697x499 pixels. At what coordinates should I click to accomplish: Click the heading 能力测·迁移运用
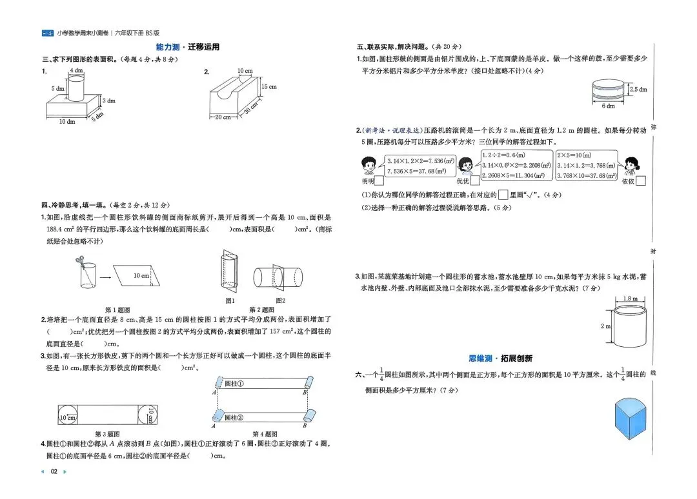(x=188, y=47)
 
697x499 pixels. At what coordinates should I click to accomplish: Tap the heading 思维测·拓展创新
(x=501, y=358)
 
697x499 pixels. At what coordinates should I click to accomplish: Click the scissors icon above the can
(x=80, y=260)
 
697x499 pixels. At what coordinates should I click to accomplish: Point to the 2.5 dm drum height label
(x=638, y=90)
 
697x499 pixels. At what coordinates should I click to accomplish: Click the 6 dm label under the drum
(x=608, y=106)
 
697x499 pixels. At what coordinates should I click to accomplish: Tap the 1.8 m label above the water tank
(x=631, y=298)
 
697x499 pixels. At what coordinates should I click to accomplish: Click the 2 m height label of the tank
(x=605, y=326)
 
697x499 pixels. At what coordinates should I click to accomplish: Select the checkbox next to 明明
(x=378, y=181)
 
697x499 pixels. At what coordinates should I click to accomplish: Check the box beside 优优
(x=475, y=181)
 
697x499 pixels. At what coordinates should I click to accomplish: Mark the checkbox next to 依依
(x=640, y=181)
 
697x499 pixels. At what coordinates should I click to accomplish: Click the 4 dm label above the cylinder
(x=76, y=70)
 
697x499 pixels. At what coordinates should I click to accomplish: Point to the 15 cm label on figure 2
(x=268, y=87)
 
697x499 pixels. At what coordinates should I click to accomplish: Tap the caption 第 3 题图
(x=107, y=434)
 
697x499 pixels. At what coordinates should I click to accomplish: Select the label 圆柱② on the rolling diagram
(x=234, y=417)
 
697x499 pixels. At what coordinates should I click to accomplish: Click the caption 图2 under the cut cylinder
(x=280, y=300)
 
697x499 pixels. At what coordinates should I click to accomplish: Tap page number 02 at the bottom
(x=54, y=471)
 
